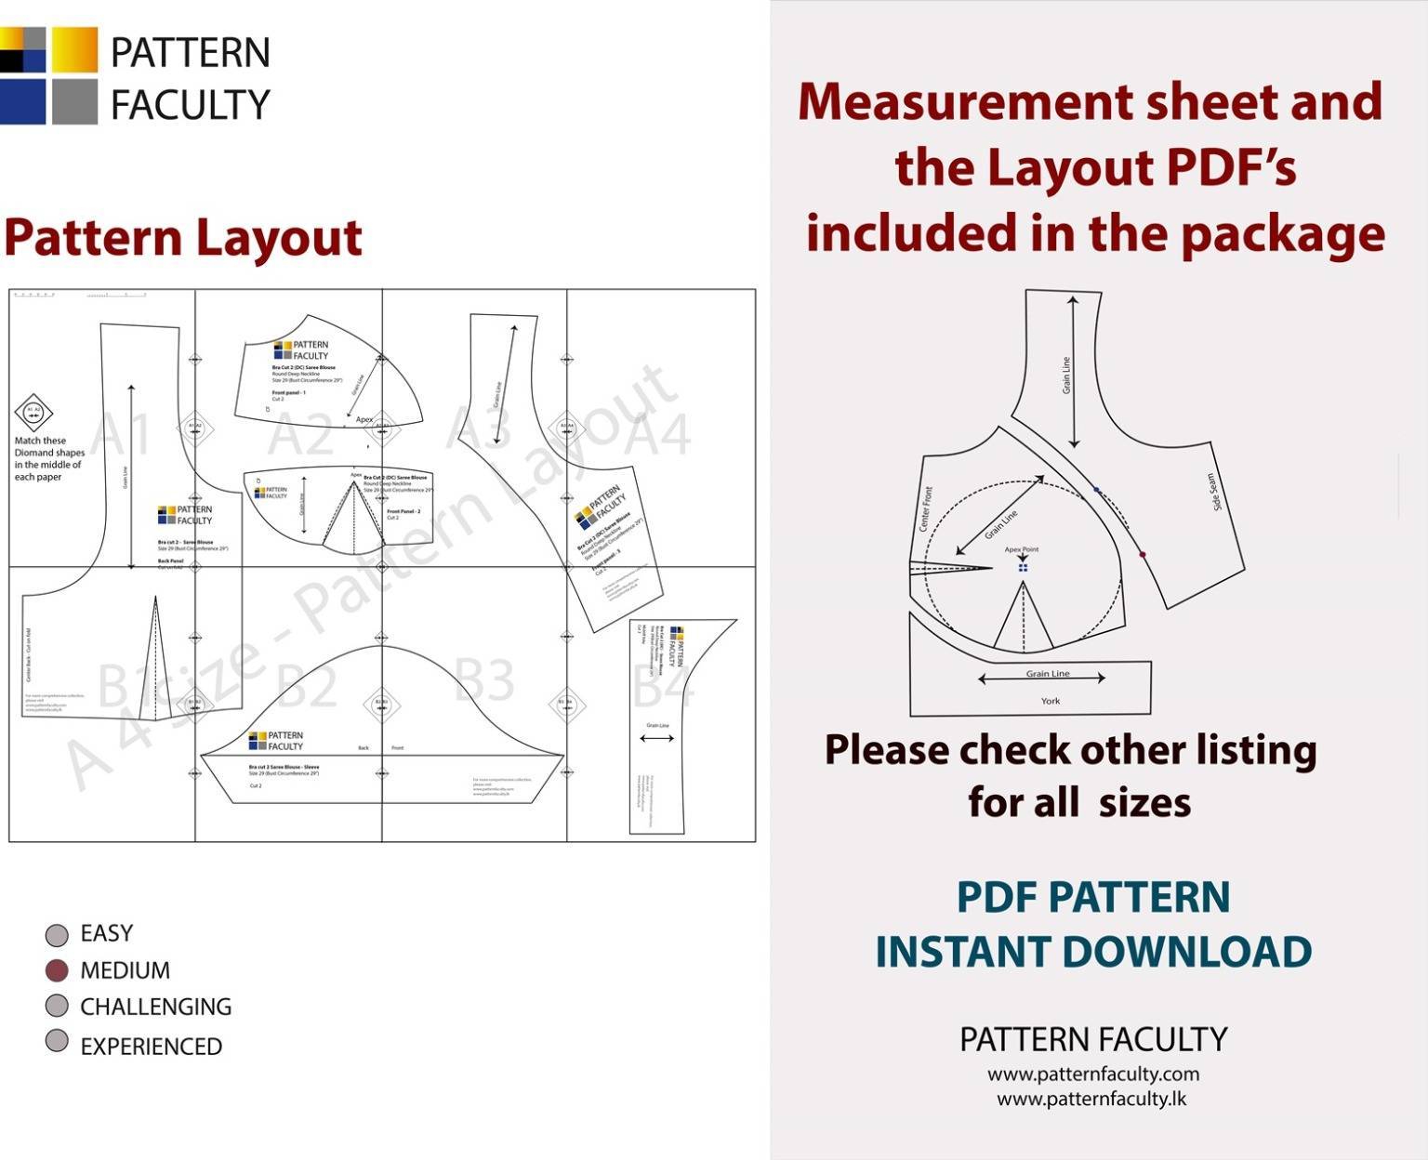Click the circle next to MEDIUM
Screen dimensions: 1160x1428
57,970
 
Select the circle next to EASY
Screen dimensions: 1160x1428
57,934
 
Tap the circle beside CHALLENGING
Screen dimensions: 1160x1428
57,1006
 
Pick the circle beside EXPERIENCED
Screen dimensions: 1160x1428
57,1041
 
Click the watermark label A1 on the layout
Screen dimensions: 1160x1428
123,432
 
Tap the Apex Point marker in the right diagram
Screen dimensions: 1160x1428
1023,567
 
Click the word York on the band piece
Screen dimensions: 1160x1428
1050,701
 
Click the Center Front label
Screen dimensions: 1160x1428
925,509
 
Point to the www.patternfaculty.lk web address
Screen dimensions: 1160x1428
1091,1099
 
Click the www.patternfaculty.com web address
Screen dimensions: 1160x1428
1092,1074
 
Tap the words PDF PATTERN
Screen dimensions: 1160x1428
1092,897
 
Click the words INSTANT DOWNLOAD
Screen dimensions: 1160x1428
1092,952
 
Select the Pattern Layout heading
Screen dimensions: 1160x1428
182,237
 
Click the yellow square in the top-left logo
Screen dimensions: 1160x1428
74,49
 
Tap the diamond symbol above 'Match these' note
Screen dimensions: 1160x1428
33,413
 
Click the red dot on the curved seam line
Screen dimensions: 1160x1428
1143,555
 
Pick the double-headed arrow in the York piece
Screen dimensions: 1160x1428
1041,679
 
